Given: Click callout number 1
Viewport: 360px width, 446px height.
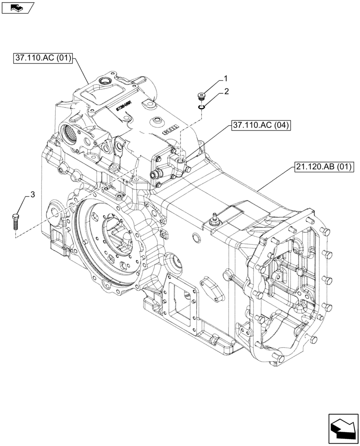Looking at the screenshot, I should tap(225, 79).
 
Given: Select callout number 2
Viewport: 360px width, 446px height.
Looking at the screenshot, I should tap(226, 92).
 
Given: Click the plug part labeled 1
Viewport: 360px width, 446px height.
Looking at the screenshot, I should tap(202, 96).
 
